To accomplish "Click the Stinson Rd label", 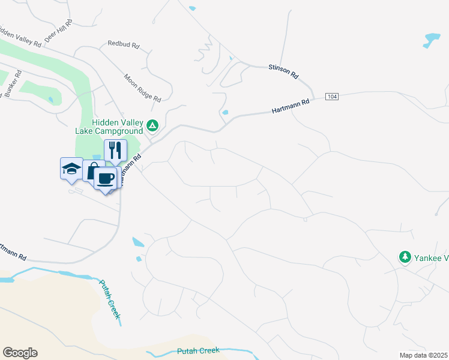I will tap(283, 72).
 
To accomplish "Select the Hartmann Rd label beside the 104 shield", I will tap(291, 106).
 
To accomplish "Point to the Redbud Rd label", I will tap(123, 44).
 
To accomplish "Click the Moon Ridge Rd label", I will tap(142, 88).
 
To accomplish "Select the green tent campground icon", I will tap(152, 126).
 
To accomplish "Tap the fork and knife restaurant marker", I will tap(115, 150).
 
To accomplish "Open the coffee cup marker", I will tap(106, 178).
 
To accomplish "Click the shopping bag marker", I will tap(92, 171).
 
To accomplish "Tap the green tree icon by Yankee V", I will tap(405, 257).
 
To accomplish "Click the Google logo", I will tap(20, 353).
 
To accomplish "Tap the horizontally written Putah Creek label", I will tap(199, 351).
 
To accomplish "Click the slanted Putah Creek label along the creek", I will tap(110, 299).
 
